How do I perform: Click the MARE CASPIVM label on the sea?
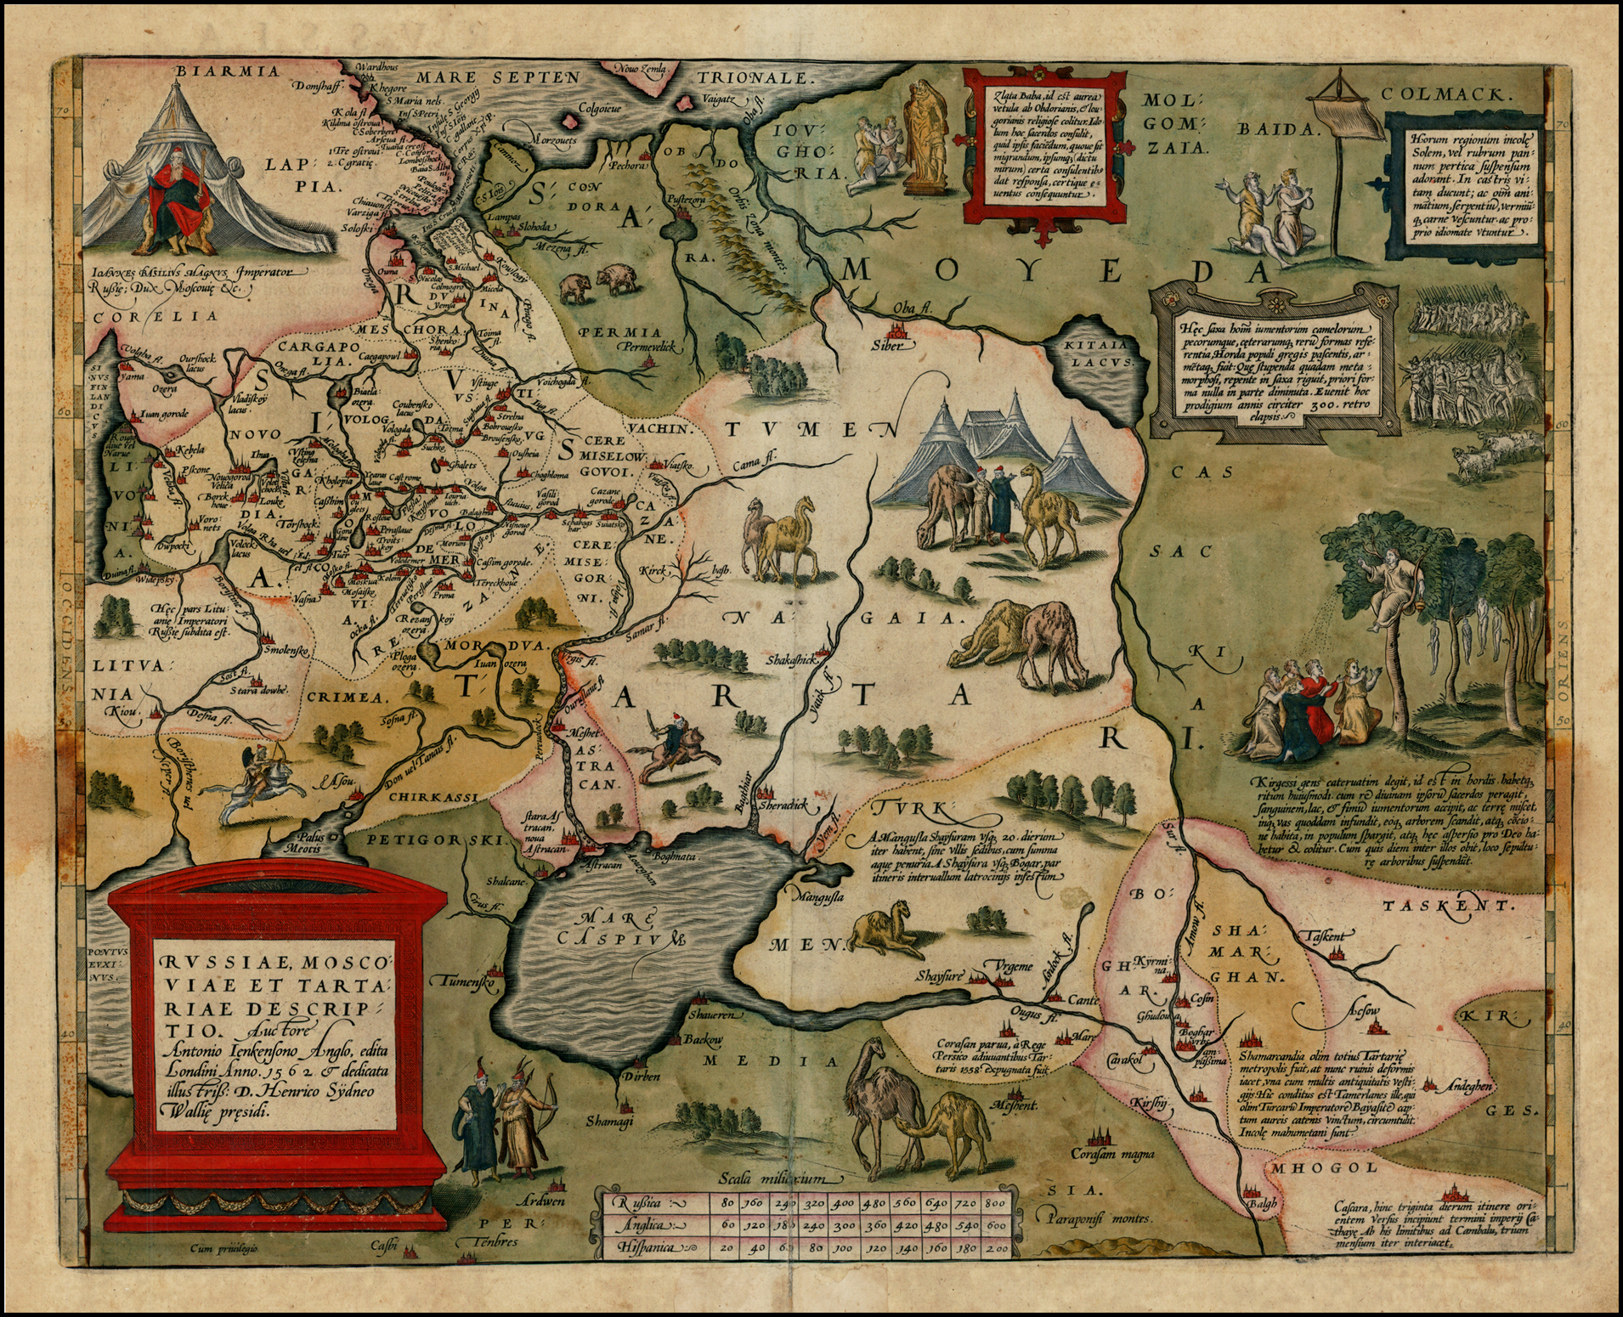[629, 929]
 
